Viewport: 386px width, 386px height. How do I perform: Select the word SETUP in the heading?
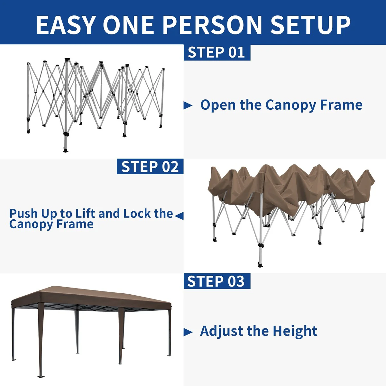[x=310, y=25]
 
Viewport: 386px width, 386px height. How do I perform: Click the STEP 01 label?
[x=217, y=52]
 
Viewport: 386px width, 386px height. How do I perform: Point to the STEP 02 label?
[x=150, y=166]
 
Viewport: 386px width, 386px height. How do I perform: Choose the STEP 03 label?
[x=217, y=281]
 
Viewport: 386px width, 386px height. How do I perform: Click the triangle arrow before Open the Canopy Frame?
[x=188, y=106]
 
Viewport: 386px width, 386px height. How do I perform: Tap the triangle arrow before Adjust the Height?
[x=188, y=332]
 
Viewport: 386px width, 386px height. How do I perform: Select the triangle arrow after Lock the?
[x=179, y=216]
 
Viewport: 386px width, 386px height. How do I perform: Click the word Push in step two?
[x=23, y=213]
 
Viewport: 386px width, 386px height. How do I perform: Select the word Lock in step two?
[x=137, y=213]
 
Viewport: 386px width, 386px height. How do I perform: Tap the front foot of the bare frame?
[x=66, y=150]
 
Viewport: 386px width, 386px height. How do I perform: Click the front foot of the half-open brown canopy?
[x=260, y=265]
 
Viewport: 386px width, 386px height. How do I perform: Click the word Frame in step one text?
[x=341, y=105]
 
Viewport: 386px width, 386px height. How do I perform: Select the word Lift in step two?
[x=85, y=213]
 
